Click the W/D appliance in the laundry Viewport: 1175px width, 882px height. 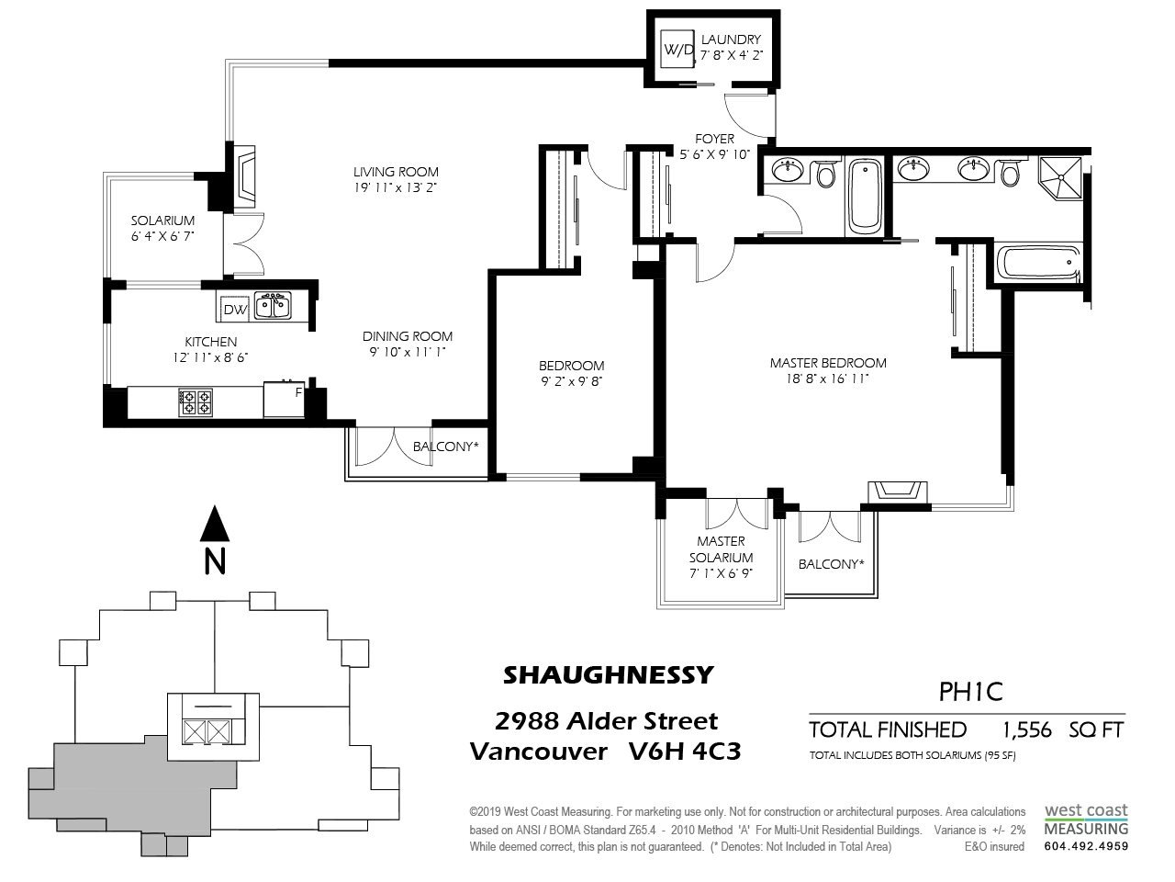(677, 50)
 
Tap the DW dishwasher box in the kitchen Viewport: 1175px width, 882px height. (235, 309)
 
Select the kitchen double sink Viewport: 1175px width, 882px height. (273, 306)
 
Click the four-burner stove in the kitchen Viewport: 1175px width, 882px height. (196, 402)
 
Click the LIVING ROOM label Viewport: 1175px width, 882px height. (396, 172)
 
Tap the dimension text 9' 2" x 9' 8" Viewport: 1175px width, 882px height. (571, 382)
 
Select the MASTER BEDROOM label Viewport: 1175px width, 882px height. (828, 363)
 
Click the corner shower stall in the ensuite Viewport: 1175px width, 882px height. (1060, 176)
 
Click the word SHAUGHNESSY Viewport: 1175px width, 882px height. (609, 675)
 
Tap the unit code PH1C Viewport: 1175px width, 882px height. (970, 692)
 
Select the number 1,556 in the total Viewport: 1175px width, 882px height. (1026, 729)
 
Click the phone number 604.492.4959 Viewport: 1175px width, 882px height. (1086, 847)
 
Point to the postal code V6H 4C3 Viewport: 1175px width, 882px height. (685, 752)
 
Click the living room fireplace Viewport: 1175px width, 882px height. (246, 176)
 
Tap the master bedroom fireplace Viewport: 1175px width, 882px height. (897, 492)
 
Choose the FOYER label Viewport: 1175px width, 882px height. (714, 139)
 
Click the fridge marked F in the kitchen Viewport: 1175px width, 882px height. (285, 399)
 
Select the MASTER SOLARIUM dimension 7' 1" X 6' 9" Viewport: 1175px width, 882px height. (721, 573)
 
